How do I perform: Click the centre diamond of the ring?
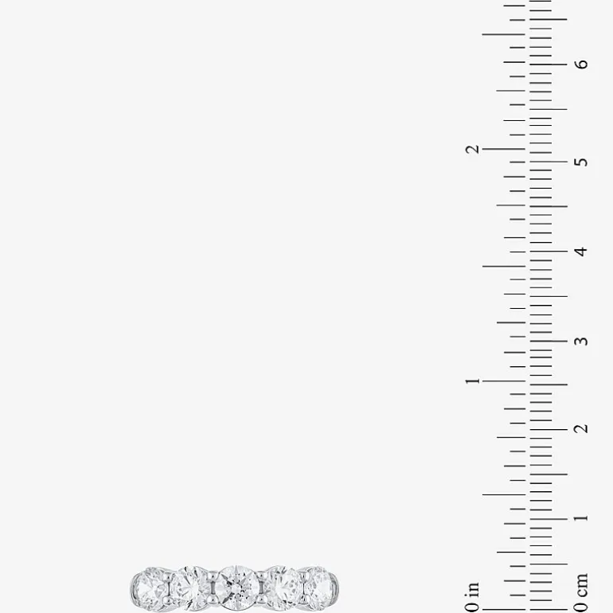tap(237, 588)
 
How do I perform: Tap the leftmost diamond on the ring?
tap(150, 589)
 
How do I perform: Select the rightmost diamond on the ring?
tap(321, 587)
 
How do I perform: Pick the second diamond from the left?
tap(192, 588)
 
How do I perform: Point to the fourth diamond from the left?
tap(283, 588)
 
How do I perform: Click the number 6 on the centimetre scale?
tap(581, 64)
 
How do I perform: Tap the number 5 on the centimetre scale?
tap(581, 162)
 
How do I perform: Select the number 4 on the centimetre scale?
tap(581, 251)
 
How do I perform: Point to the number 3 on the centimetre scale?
tap(581, 341)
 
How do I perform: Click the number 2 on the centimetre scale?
tap(581, 429)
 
